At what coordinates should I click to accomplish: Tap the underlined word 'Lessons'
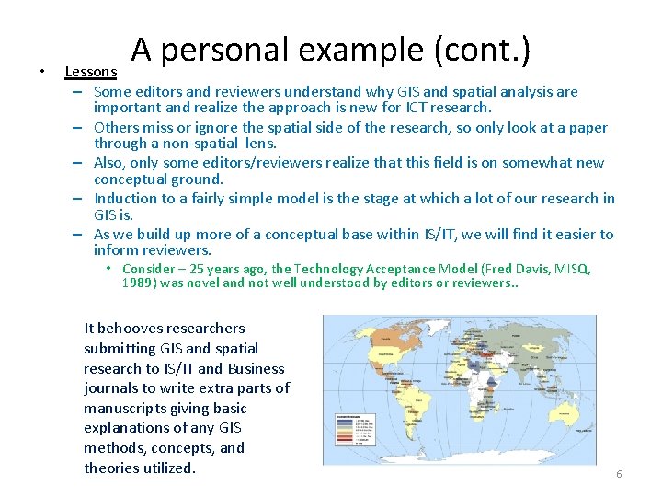tap(91, 72)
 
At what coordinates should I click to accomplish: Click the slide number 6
tap(619, 474)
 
